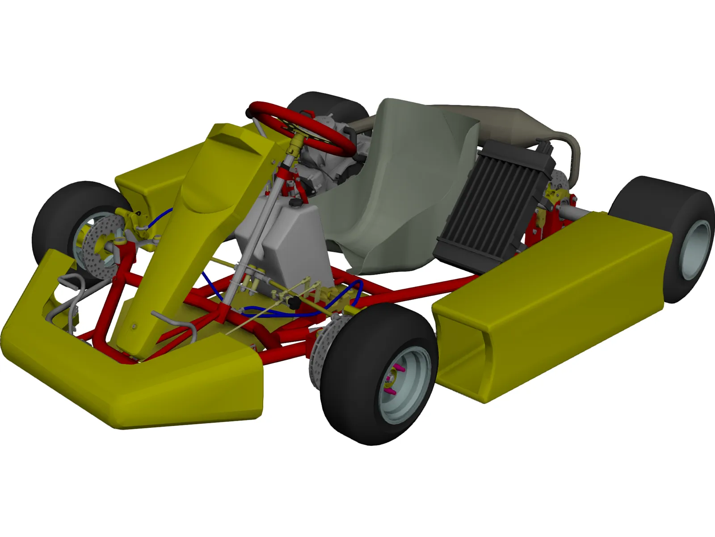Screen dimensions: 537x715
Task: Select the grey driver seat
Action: click(x=402, y=188)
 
